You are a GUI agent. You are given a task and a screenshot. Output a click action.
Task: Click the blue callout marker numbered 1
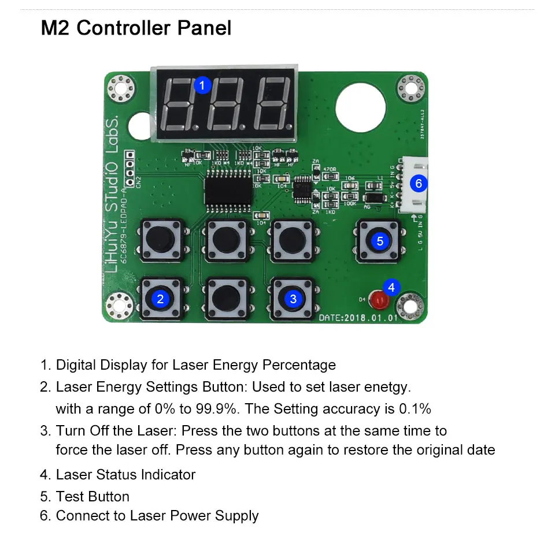tap(201, 85)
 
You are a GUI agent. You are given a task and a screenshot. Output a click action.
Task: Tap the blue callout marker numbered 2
tap(160, 299)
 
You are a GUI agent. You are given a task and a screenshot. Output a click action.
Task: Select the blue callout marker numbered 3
tap(293, 299)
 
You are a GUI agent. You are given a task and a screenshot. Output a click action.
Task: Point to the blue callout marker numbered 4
tap(391, 287)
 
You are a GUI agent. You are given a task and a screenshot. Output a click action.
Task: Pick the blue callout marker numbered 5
tap(379, 241)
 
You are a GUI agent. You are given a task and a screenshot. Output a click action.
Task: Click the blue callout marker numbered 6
tap(419, 184)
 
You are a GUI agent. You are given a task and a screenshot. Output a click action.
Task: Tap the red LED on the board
tap(379, 300)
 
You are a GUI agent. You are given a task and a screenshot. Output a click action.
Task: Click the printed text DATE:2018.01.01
tap(358, 318)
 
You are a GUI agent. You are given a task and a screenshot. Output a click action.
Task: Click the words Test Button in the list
tap(92, 497)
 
